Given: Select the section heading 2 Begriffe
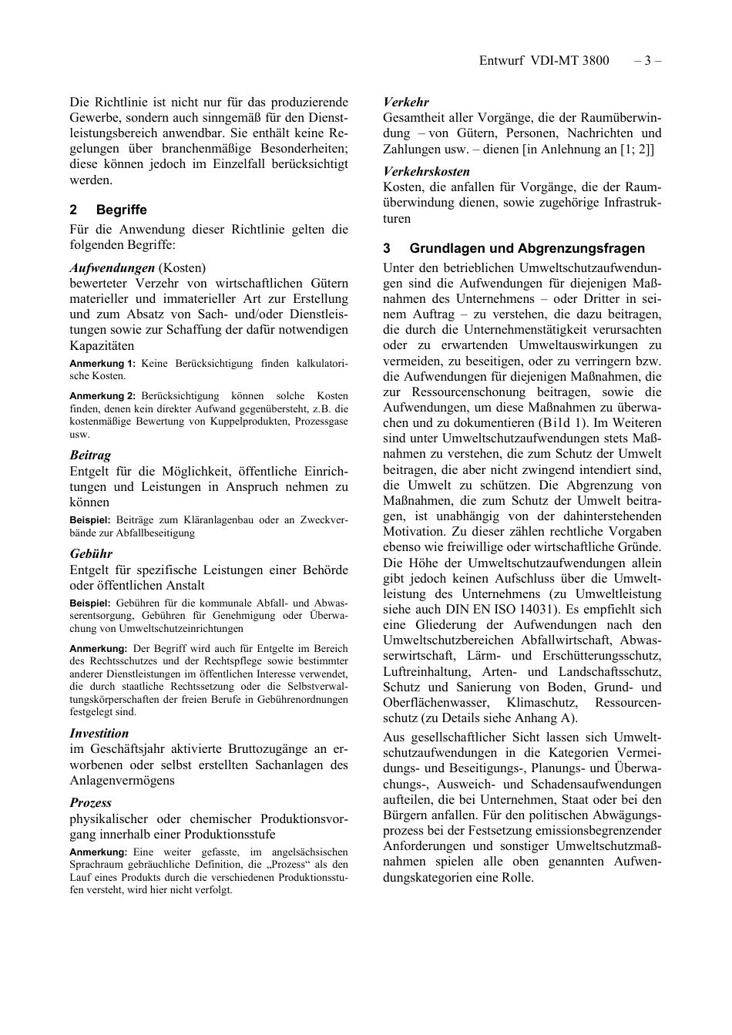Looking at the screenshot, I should pyautogui.click(x=108, y=210).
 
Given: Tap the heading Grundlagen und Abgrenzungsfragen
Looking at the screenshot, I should pyautogui.click(x=527, y=248).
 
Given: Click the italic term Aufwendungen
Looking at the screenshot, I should pyautogui.click(x=112, y=268).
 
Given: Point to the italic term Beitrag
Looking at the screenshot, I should pyautogui.click(x=90, y=455).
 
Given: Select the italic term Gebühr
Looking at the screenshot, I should pyautogui.click(x=91, y=553).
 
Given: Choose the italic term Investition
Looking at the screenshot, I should pyautogui.click(x=99, y=733).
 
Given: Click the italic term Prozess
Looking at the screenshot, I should pyautogui.click(x=90, y=802).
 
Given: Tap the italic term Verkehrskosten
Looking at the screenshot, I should pyautogui.click(x=426, y=171).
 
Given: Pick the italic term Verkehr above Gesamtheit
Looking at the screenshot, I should pyautogui.click(x=406, y=102).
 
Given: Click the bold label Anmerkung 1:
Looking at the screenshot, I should pyautogui.click(x=102, y=364).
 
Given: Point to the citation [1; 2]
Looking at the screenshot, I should pyautogui.click(x=637, y=149).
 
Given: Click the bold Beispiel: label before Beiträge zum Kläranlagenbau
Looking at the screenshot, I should pyautogui.click(x=90, y=520).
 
